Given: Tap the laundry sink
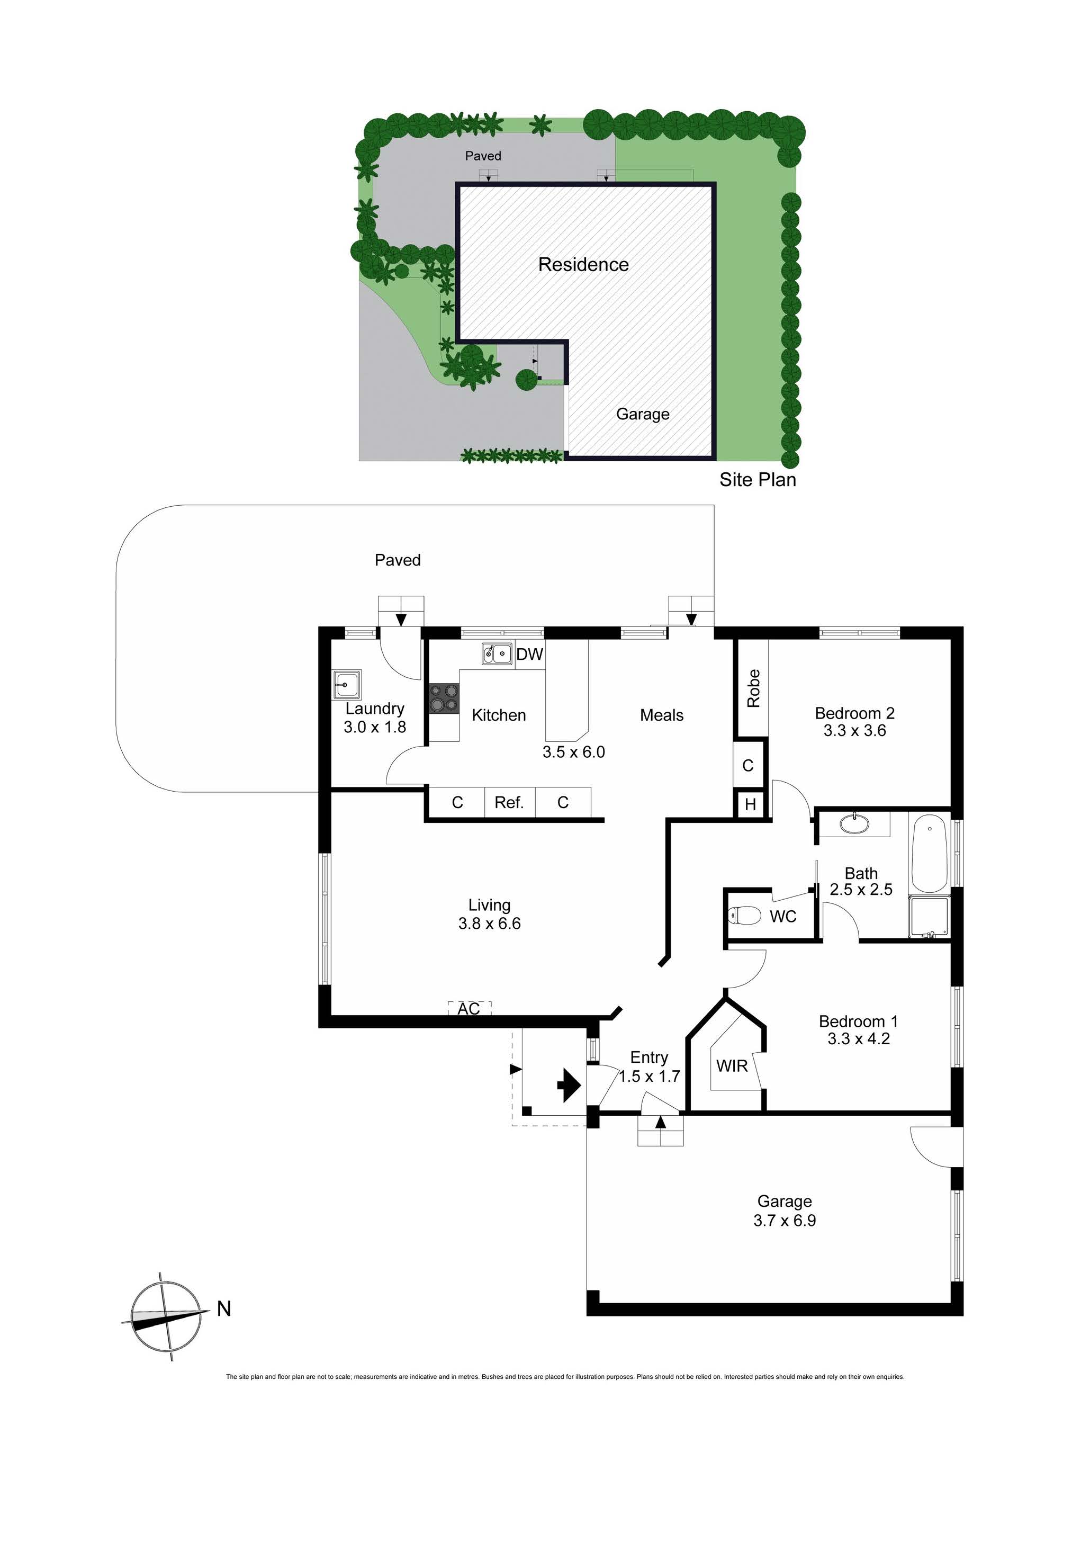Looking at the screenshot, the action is click(347, 685).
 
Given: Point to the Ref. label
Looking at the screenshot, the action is click(509, 803).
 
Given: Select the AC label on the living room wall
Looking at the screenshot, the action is click(469, 1009).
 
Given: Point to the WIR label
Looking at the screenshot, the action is click(732, 1066).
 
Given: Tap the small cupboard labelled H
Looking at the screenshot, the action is click(750, 804).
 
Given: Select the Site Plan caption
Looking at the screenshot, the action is click(758, 480).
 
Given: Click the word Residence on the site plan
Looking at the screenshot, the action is click(583, 265).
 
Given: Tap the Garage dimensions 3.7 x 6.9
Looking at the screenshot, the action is click(785, 1220).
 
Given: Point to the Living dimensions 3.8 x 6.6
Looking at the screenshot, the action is click(490, 924).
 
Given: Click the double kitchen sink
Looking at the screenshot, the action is click(497, 653).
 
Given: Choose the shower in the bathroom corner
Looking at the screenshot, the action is click(930, 917).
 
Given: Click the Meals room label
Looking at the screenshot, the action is click(662, 715).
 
